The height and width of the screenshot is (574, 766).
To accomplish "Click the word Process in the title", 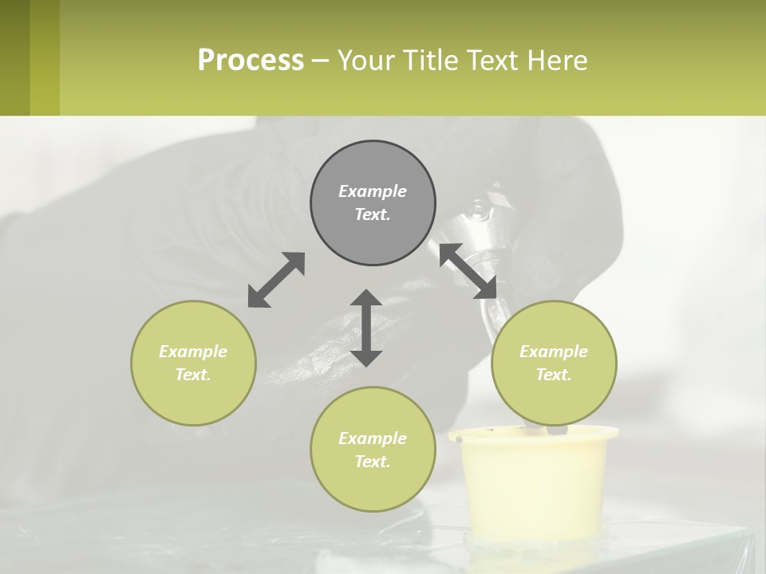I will coord(251,61).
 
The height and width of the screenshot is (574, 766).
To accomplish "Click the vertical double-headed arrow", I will coord(366,328).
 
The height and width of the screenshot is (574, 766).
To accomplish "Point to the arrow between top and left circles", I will coord(276,280).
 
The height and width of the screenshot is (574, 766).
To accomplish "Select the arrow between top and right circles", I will coord(468,271).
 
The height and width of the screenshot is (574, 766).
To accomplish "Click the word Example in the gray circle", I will coord(373,191).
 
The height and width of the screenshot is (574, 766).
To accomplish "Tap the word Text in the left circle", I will coord(192,375).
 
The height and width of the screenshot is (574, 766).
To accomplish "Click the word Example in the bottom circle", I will coord(373,438).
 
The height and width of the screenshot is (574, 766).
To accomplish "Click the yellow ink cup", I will coord(533,486).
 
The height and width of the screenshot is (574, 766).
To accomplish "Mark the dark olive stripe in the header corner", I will coord(14,57).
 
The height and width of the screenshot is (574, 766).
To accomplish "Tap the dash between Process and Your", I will coord(320,61).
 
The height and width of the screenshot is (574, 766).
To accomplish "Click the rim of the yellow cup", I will coord(533,435).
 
